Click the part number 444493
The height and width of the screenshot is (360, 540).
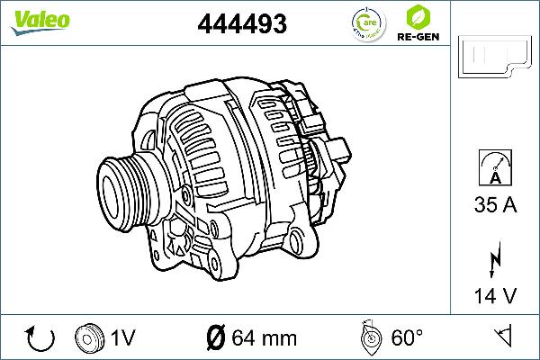(242, 25)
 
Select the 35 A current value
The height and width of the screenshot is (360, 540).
(495, 206)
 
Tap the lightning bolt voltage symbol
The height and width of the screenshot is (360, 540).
(494, 259)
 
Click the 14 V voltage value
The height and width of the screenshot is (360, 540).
(495, 293)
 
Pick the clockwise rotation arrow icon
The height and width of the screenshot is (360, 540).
(41, 338)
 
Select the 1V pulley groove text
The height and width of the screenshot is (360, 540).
(123, 338)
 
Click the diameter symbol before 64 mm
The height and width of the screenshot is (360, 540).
(215, 338)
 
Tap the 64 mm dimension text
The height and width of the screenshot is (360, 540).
(264, 338)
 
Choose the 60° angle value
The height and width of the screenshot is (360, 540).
(407, 338)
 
